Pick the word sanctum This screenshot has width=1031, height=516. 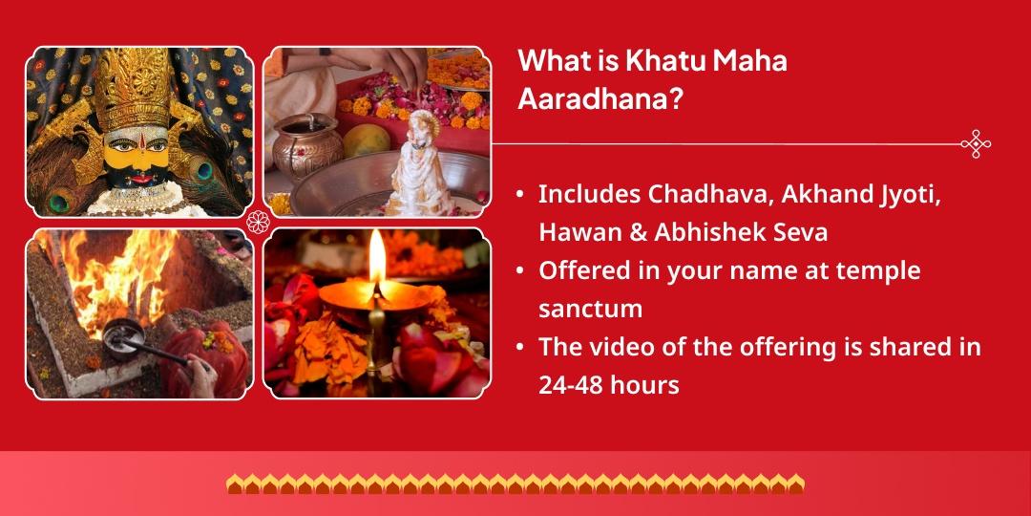pyautogui.click(x=590, y=309)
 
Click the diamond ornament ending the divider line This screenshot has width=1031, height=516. pyautogui.click(x=976, y=144)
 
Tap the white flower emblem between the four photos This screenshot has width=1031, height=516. pyautogui.click(x=258, y=223)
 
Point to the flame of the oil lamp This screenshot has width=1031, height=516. pyautogui.click(x=378, y=260)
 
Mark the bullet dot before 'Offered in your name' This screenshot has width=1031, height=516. pyautogui.click(x=520, y=271)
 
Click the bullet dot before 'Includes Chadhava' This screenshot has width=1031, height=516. pyautogui.click(x=520, y=194)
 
